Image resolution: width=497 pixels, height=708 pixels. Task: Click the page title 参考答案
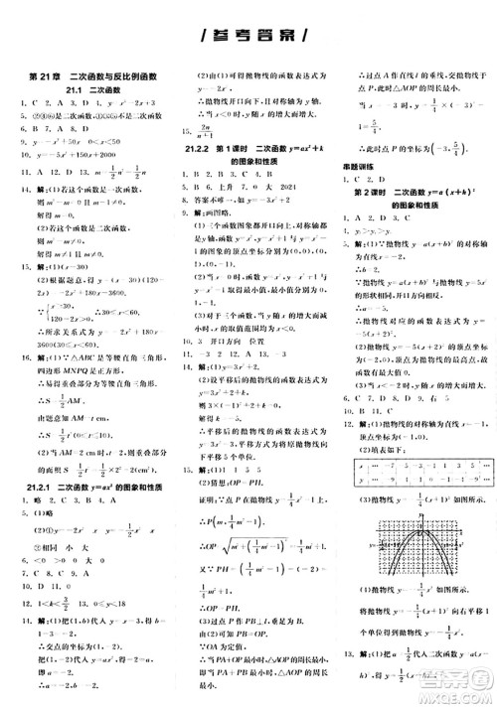coord(248,36)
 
